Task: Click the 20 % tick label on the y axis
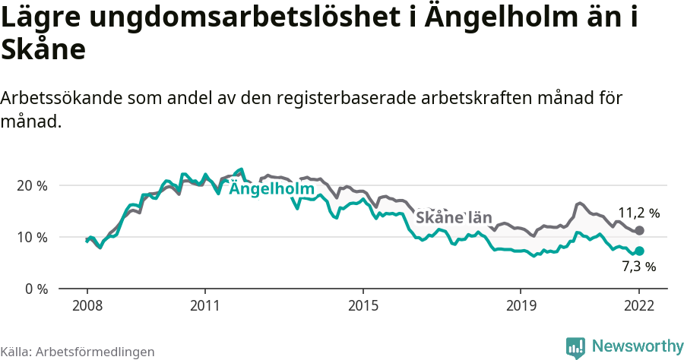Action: click(x=33, y=185)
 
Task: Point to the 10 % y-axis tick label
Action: click(x=33, y=237)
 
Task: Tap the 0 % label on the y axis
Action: click(x=36, y=289)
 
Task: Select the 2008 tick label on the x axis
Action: click(x=87, y=305)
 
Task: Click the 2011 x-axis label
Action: click(x=205, y=305)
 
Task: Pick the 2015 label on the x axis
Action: click(x=363, y=305)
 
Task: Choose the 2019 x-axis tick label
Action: click(x=521, y=305)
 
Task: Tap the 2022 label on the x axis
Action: click(x=639, y=305)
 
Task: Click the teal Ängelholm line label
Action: click(x=271, y=188)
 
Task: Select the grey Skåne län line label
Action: click(x=453, y=217)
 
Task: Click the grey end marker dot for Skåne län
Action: click(x=639, y=230)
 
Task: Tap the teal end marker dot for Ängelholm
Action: click(x=639, y=251)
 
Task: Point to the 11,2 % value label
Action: click(x=638, y=213)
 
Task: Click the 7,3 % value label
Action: click(x=638, y=267)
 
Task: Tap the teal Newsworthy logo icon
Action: click(x=575, y=347)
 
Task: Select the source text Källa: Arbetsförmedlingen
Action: click(x=78, y=352)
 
